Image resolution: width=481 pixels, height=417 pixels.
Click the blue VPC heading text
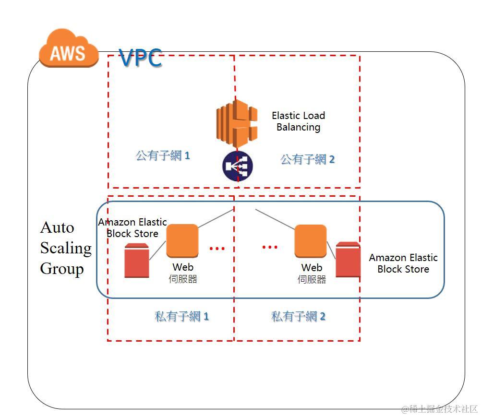click(140, 59)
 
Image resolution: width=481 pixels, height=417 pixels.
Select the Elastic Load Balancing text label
click(298, 121)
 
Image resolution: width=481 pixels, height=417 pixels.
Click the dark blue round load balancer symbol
click(237, 167)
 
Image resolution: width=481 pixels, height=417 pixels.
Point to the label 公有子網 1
click(163, 156)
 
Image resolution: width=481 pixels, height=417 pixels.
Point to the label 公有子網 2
click(307, 159)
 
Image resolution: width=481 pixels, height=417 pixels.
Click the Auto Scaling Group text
click(65, 248)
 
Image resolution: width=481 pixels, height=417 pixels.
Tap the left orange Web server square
click(182, 241)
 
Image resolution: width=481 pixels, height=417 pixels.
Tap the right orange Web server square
click(310, 241)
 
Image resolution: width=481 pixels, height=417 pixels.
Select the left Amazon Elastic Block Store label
click(132, 228)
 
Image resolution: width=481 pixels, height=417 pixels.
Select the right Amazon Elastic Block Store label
click(403, 263)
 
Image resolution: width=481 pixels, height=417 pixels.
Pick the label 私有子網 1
click(181, 317)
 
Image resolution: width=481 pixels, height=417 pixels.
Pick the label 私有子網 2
click(298, 317)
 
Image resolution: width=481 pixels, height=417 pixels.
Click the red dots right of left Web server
click(217, 248)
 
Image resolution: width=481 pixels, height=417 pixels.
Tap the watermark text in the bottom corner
click(440, 409)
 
